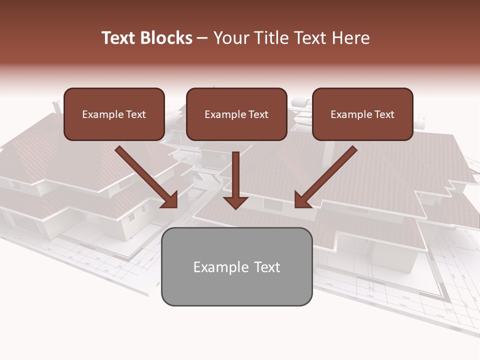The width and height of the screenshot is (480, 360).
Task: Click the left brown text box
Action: tap(114, 114)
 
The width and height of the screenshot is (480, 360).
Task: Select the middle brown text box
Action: tap(236, 114)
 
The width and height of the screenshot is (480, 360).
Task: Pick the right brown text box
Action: tap(362, 114)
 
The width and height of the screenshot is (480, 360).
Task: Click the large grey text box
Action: tap(236, 266)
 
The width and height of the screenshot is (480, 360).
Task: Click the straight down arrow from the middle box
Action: tap(235, 180)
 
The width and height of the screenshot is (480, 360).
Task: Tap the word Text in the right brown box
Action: tap(384, 114)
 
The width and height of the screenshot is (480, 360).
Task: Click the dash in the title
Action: tap(202, 38)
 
